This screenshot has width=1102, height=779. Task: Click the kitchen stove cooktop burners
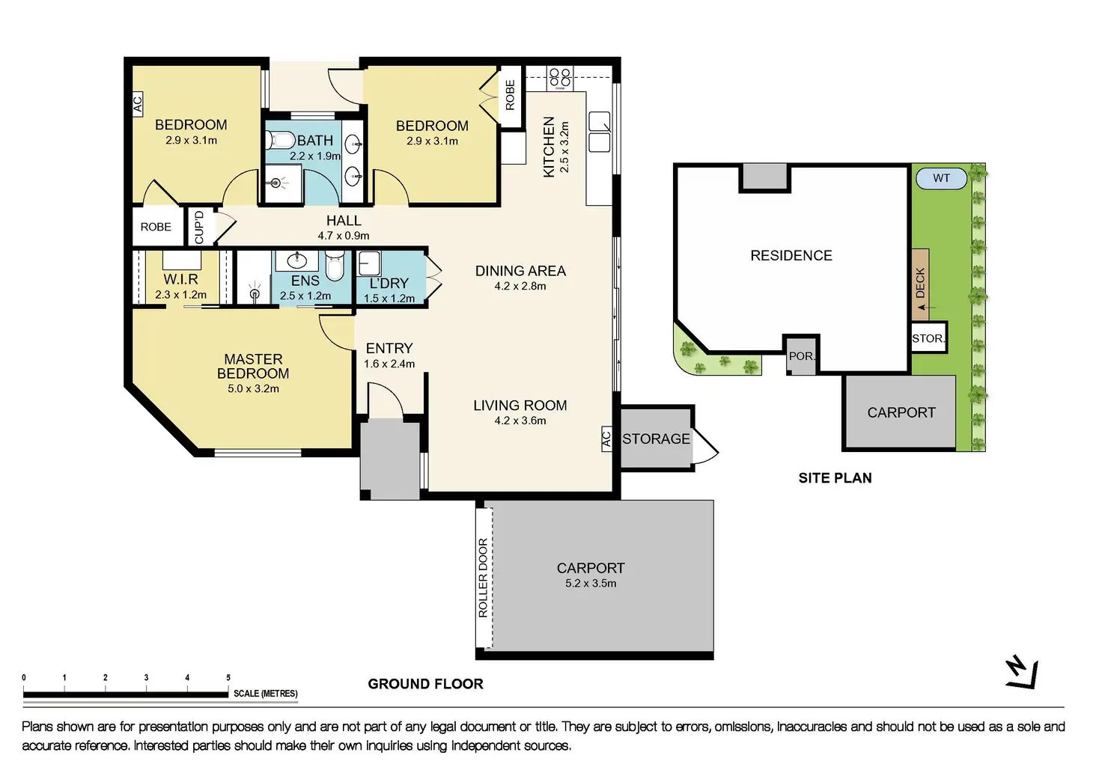(x=560, y=78)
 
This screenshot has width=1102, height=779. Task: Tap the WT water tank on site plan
(x=941, y=178)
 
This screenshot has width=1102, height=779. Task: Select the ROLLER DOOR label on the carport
(x=483, y=578)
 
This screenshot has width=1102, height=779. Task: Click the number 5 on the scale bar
(x=228, y=678)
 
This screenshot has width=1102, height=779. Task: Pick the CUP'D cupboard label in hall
(x=199, y=227)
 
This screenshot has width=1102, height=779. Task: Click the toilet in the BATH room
(x=280, y=141)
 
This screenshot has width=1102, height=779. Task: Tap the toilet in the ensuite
(x=335, y=266)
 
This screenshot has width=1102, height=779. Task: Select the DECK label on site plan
(x=921, y=283)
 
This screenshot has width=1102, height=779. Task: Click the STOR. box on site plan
(x=929, y=337)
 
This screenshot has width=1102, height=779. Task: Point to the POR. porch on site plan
(x=801, y=355)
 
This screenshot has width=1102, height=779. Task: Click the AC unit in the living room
(x=606, y=439)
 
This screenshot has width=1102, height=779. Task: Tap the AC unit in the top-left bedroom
(x=138, y=104)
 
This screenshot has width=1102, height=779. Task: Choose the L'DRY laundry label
(x=389, y=284)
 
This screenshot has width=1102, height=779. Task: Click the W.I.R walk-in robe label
(x=180, y=279)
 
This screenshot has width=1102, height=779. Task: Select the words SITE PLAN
(x=835, y=478)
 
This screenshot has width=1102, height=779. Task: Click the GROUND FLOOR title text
(x=425, y=684)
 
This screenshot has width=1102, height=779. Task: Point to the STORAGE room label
(x=656, y=439)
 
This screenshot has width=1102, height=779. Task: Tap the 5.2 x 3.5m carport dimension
(x=591, y=583)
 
